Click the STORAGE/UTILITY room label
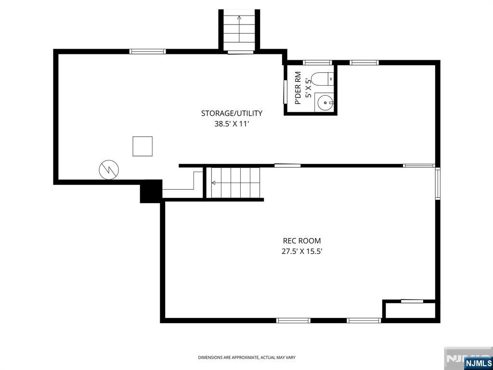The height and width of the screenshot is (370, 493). pyautogui.click(x=232, y=114)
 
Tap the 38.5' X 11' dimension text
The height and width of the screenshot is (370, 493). pyautogui.click(x=232, y=124)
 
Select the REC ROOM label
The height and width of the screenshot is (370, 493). pyautogui.click(x=301, y=241)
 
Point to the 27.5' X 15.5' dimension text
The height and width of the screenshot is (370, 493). pyautogui.click(x=301, y=251)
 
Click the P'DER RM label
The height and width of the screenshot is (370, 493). pyautogui.click(x=298, y=88)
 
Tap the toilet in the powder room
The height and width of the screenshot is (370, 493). pyautogui.click(x=322, y=78)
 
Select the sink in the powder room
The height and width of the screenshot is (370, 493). pyautogui.click(x=325, y=102)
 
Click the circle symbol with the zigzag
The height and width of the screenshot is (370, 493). pyautogui.click(x=108, y=169)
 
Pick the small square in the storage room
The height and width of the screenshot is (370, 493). pyautogui.click(x=143, y=146)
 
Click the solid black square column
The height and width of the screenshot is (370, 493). pyautogui.click(x=151, y=191)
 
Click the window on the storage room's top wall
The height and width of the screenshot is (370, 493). pyautogui.click(x=148, y=51)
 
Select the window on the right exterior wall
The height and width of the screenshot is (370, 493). pyautogui.click(x=437, y=183)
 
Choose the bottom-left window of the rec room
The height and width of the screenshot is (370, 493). pyautogui.click(x=293, y=320)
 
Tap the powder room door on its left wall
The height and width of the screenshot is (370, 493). pyautogui.click(x=285, y=92)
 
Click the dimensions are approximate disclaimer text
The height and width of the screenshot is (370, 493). pyautogui.click(x=246, y=357)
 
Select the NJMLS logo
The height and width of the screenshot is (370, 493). pyautogui.click(x=478, y=363)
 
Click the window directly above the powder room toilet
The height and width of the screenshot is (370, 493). pyautogui.click(x=318, y=62)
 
